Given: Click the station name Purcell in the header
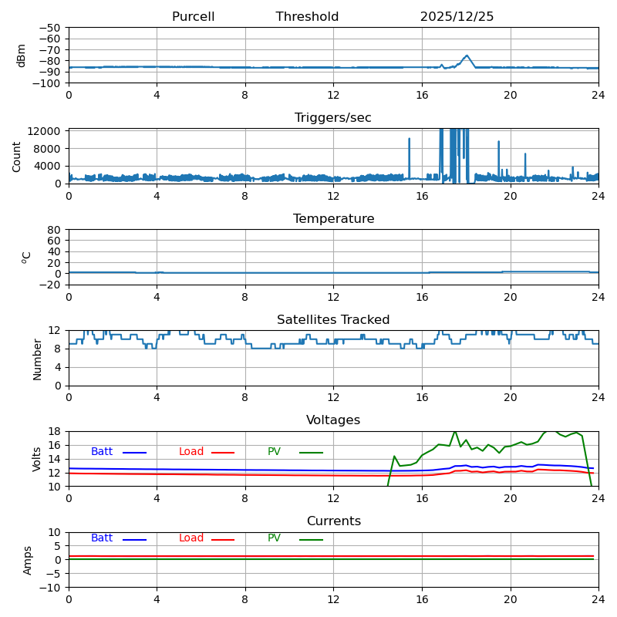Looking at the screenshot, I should [x=193, y=17].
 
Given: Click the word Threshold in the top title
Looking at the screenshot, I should [x=307, y=17].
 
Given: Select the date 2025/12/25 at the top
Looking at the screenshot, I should [x=457, y=17].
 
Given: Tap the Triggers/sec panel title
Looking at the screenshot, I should [x=333, y=118].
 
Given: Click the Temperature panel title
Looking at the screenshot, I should [x=333, y=219].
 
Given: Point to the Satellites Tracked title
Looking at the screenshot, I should [x=333, y=320].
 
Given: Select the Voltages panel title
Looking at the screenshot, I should [x=333, y=420].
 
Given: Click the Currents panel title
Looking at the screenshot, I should [x=333, y=521].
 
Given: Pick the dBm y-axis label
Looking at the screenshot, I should [x=22, y=55].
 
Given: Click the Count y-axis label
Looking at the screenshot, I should [x=17, y=156].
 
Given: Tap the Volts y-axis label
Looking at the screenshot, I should [x=37, y=459].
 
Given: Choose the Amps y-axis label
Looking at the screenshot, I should [x=28, y=560].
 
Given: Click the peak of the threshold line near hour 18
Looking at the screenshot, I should [x=467, y=56].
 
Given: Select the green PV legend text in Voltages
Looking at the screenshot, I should [x=274, y=452].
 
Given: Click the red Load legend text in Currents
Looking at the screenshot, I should [x=191, y=538].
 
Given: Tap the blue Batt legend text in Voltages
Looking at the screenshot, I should [x=102, y=452].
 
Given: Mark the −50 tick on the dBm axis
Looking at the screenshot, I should [x=50, y=28].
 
